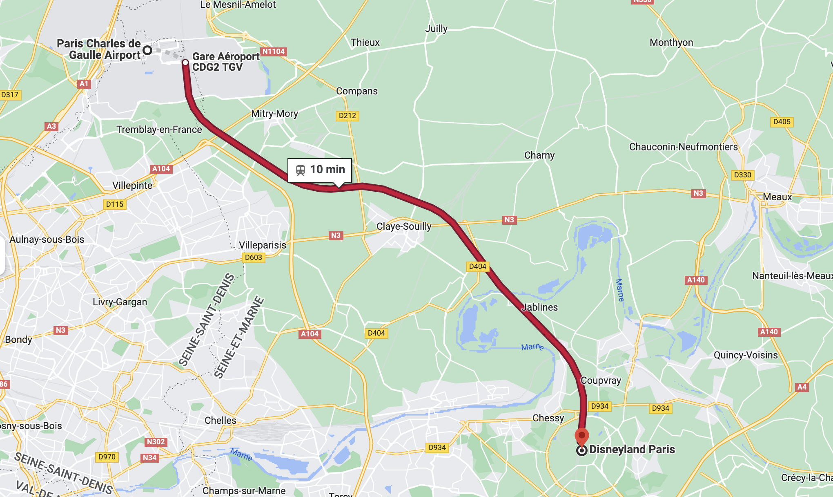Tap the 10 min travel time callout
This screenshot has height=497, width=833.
click(x=320, y=170)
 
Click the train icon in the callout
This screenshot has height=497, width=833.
click(x=301, y=170)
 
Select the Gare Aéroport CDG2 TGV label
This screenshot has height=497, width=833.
click(x=225, y=62)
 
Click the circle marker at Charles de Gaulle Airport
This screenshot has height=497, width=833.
click(x=148, y=50)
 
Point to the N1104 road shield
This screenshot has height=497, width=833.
click(x=273, y=51)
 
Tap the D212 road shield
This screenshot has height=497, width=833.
click(x=347, y=116)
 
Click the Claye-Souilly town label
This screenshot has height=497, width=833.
click(x=403, y=226)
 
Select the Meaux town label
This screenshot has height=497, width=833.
click(x=777, y=197)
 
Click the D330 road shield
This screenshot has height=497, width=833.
click(x=742, y=175)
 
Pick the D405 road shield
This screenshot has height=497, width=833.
click(x=782, y=122)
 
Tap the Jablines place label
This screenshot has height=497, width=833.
click(x=539, y=307)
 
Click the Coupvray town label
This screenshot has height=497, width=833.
click(x=600, y=381)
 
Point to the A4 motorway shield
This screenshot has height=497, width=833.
click(x=802, y=387)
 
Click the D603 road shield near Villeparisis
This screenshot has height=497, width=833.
click(x=253, y=257)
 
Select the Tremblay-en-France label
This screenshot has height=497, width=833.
click(x=159, y=130)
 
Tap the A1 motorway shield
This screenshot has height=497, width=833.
click(x=84, y=84)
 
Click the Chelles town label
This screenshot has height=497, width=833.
click(x=220, y=421)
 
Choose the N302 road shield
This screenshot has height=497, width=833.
click(x=156, y=442)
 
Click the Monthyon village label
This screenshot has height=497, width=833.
click(x=671, y=43)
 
